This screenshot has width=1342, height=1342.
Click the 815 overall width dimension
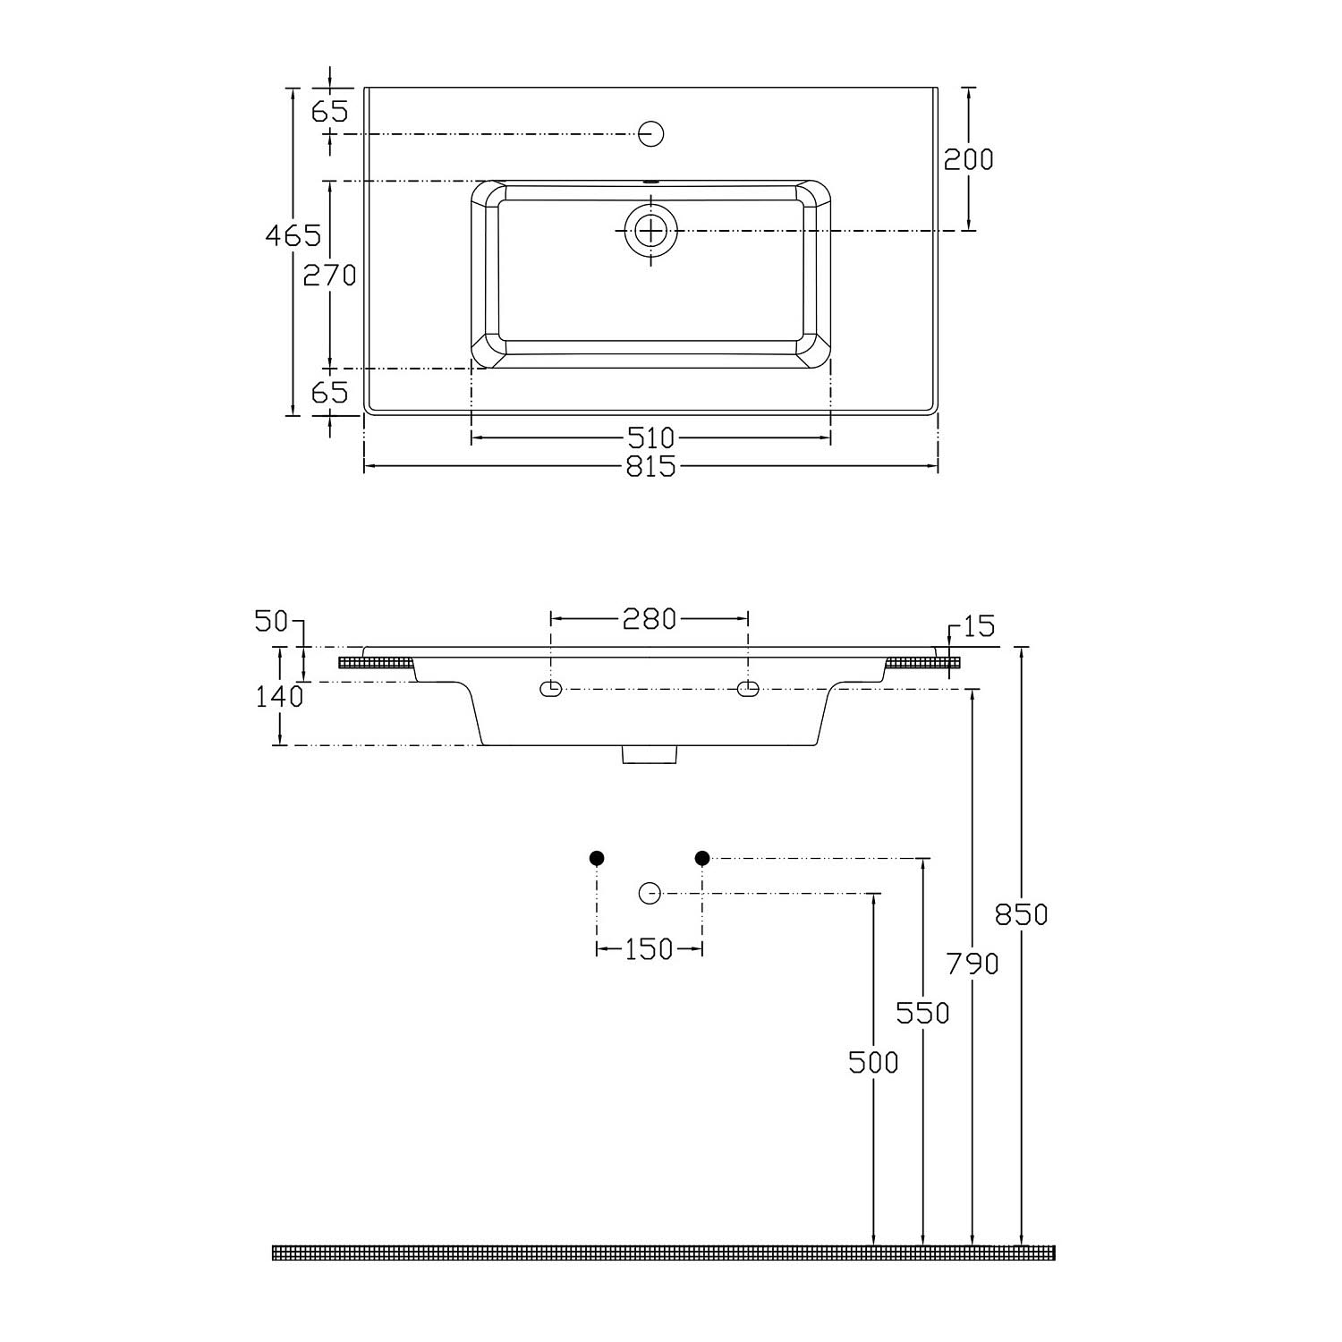click(650, 466)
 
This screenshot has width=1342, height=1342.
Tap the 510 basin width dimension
click(650, 437)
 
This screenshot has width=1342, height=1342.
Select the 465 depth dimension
click(293, 235)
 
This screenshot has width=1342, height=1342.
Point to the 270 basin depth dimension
click(329, 275)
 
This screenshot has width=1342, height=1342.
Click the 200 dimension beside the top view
click(968, 159)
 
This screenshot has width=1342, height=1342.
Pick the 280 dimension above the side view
click(650, 618)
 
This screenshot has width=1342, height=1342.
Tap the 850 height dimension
click(1021, 915)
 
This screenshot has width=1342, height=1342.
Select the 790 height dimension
click(973, 964)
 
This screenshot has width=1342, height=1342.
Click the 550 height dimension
click(923, 1013)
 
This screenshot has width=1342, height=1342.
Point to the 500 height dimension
click(873, 1062)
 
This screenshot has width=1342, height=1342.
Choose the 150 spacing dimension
click(649, 948)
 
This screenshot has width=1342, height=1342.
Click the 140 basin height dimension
click(280, 696)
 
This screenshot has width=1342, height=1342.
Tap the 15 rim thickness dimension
click(980, 626)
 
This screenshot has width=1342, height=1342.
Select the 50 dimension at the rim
click(272, 621)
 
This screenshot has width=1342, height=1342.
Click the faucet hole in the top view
click(651, 134)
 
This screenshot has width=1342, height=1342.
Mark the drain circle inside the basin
click(651, 231)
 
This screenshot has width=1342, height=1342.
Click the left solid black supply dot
click(598, 858)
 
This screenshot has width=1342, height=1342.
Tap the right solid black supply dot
click(702, 858)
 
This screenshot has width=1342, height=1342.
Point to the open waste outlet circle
click(650, 893)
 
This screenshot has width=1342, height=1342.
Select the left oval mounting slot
click(550, 688)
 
